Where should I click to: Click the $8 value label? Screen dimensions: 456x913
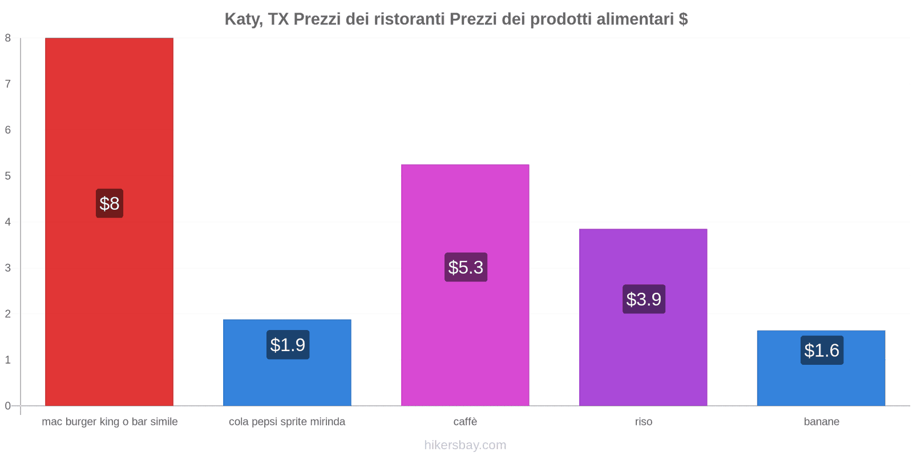click(x=110, y=203)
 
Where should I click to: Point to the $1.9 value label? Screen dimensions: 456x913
click(x=288, y=345)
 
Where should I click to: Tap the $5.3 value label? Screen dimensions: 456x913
click(x=466, y=267)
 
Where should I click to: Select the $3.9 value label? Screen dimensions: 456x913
click(x=644, y=299)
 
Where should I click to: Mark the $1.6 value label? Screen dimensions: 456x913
click(x=822, y=351)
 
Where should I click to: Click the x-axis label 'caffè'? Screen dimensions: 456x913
click(x=465, y=422)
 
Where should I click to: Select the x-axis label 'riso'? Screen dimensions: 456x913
click(x=643, y=422)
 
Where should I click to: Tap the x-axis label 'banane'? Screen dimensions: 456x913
click(x=821, y=422)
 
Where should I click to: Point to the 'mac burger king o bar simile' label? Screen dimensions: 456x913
click(x=110, y=422)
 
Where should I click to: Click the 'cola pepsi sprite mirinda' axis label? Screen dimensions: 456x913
click(x=287, y=422)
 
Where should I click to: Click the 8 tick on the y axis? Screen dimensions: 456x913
click(x=8, y=38)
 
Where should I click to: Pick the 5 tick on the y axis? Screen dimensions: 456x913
click(x=8, y=176)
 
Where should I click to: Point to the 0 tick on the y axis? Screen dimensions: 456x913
click(x=8, y=406)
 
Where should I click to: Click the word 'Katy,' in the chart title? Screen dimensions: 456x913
click(x=244, y=19)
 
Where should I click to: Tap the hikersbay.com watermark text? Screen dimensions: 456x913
click(x=465, y=445)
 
